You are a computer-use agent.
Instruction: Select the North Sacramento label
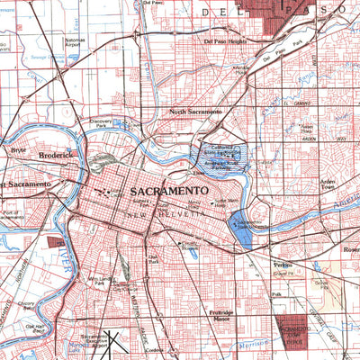click(x=195, y=112)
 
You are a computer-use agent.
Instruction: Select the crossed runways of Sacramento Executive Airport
click(x=115, y=343)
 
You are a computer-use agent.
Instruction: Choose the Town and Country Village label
click(x=305, y=130)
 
